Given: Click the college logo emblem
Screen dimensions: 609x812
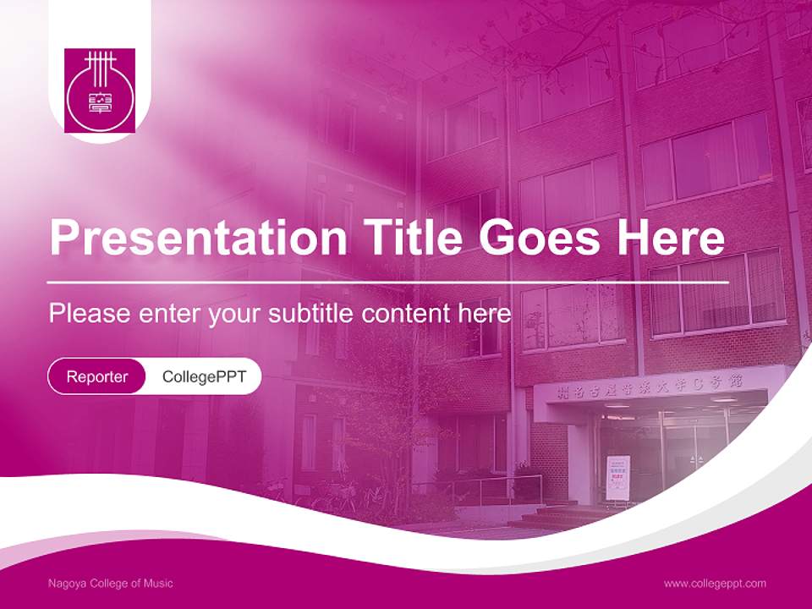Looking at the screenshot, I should tap(100, 91).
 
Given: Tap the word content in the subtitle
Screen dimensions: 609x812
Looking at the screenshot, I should tap(406, 314).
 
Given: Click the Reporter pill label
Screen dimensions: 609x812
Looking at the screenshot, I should tap(97, 376).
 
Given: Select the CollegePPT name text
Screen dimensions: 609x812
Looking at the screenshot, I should tap(204, 376).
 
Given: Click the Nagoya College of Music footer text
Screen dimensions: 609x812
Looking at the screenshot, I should tap(111, 583).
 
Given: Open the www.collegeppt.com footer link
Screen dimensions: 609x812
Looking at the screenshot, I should tap(715, 583).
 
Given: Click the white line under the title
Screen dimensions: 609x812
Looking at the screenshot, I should tap(389, 282).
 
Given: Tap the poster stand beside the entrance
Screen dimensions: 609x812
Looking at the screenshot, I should tap(617, 478).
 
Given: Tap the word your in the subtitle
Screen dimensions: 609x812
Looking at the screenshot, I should tap(234, 314).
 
